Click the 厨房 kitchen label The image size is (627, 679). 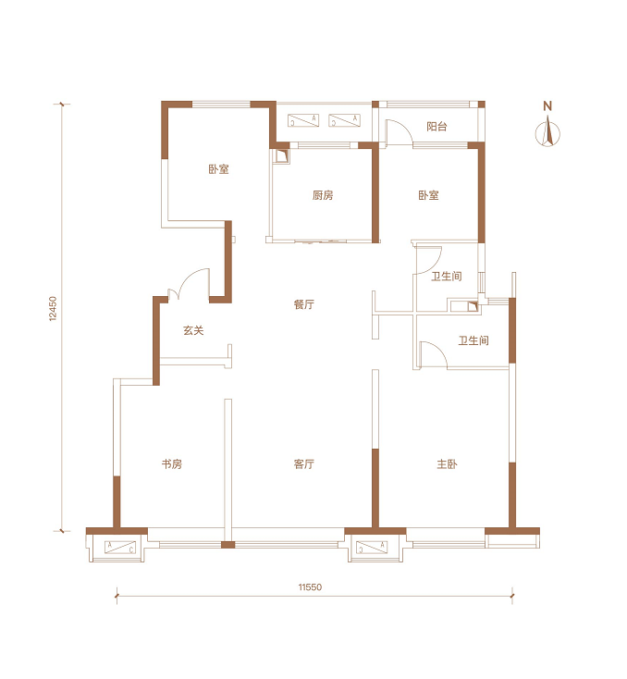click(x=323, y=195)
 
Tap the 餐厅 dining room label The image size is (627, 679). click(x=303, y=304)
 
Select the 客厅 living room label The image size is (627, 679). click(x=303, y=463)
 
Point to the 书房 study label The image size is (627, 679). click(x=172, y=463)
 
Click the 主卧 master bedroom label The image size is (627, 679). click(x=447, y=463)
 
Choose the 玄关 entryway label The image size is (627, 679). click(x=193, y=330)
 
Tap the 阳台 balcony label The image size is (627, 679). click(x=436, y=127)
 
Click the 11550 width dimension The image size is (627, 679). click(x=310, y=586)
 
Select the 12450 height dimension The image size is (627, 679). click(x=53, y=308)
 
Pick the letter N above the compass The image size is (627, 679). click(x=547, y=105)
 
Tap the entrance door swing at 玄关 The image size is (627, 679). click(x=190, y=284)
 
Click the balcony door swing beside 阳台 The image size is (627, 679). click(x=399, y=130)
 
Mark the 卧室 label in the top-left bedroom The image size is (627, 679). click(x=218, y=169)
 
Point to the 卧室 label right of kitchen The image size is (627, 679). click(x=428, y=195)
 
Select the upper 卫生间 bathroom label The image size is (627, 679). click(x=447, y=276)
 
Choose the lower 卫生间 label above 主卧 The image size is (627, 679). click(x=473, y=340)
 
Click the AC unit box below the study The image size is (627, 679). click(x=120, y=548)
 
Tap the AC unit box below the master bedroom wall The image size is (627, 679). click(x=372, y=548)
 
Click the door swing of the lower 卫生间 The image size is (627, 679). click(x=433, y=354)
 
